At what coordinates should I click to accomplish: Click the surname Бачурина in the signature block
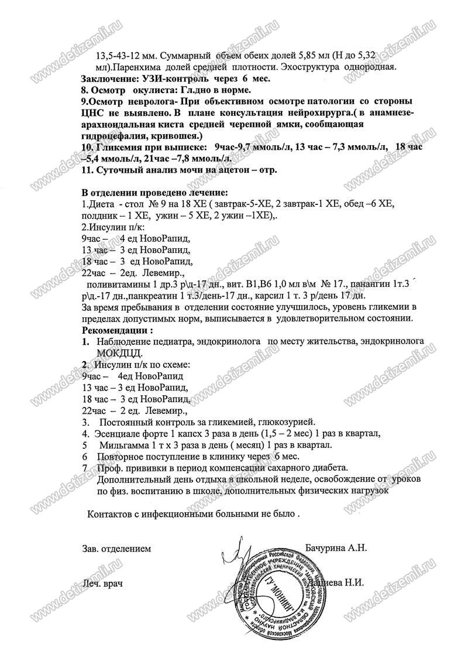tap(328, 549)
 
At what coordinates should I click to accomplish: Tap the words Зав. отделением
tap(116, 549)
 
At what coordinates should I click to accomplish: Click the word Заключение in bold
tap(108, 78)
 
